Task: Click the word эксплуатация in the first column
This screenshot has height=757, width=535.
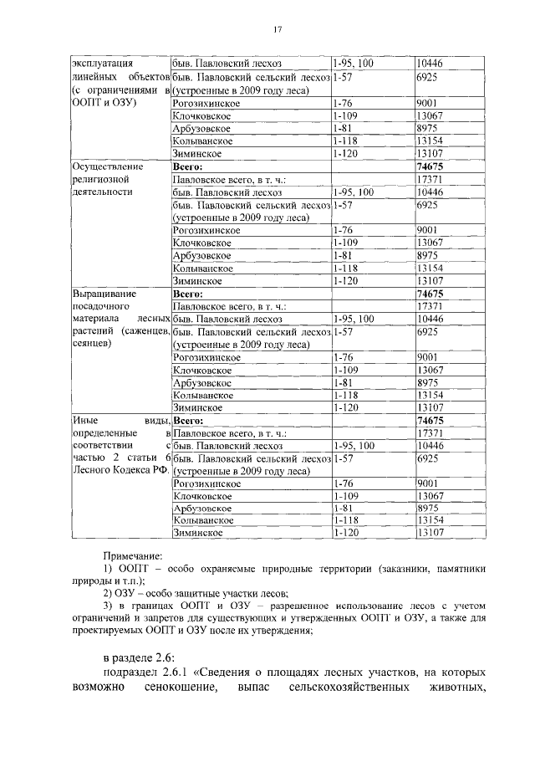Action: pyautogui.click(x=102, y=63)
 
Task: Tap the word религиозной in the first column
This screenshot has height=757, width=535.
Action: pyautogui.click(x=99, y=179)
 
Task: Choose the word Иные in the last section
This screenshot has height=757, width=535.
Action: pyautogui.click(x=84, y=422)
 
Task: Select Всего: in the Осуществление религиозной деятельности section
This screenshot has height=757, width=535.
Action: pyautogui.click(x=188, y=166)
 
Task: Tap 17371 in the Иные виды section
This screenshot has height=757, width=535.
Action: pyautogui.click(x=429, y=434)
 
